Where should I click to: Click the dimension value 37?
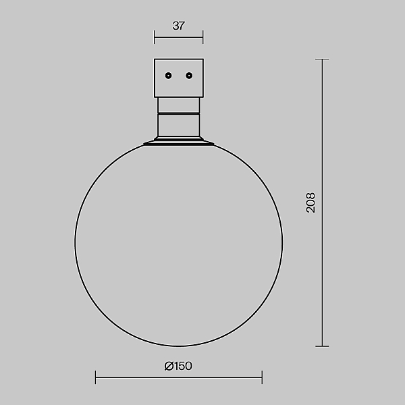[x=178, y=26]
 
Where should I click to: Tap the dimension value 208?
[x=310, y=202]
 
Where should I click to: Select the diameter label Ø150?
[x=178, y=366]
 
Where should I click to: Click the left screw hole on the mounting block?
[x=168, y=76]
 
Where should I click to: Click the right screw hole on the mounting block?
[x=189, y=76]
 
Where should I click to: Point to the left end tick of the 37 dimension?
[x=154, y=37]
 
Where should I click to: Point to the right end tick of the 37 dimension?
[x=203, y=37]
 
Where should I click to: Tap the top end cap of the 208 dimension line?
[x=322, y=59]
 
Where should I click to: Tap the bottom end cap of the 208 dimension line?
[x=322, y=346]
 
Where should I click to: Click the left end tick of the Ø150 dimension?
[x=96, y=377]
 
